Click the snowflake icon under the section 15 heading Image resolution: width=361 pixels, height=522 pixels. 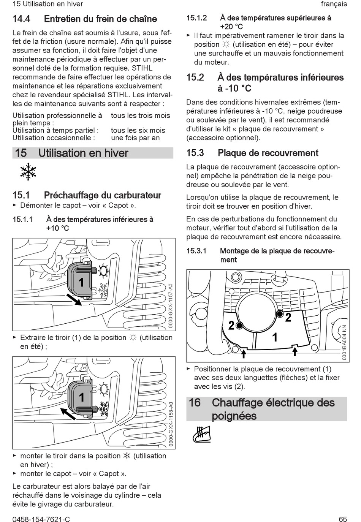click(x=28, y=172)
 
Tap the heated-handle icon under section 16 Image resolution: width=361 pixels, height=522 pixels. click(x=201, y=434)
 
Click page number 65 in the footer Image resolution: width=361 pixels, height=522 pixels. click(x=342, y=519)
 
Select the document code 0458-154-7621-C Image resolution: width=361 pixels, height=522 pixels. click(x=41, y=519)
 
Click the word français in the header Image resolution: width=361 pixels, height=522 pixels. click(x=334, y=4)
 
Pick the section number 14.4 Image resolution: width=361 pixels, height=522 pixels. click(x=21, y=19)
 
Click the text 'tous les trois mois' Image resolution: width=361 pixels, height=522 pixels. click(x=140, y=115)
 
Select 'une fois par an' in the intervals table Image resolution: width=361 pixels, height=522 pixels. click(x=135, y=138)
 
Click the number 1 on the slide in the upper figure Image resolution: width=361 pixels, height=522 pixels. click(x=81, y=282)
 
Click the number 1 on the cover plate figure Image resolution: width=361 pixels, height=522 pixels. click(x=274, y=337)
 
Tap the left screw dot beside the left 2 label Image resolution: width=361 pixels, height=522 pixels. click(x=239, y=325)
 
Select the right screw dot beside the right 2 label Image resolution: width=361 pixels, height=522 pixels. click(x=280, y=314)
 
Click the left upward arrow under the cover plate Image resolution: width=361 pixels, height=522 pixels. click(x=244, y=353)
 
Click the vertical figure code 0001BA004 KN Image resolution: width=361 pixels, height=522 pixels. click(x=344, y=342)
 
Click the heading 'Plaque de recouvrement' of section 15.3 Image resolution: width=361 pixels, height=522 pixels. click(x=268, y=153)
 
